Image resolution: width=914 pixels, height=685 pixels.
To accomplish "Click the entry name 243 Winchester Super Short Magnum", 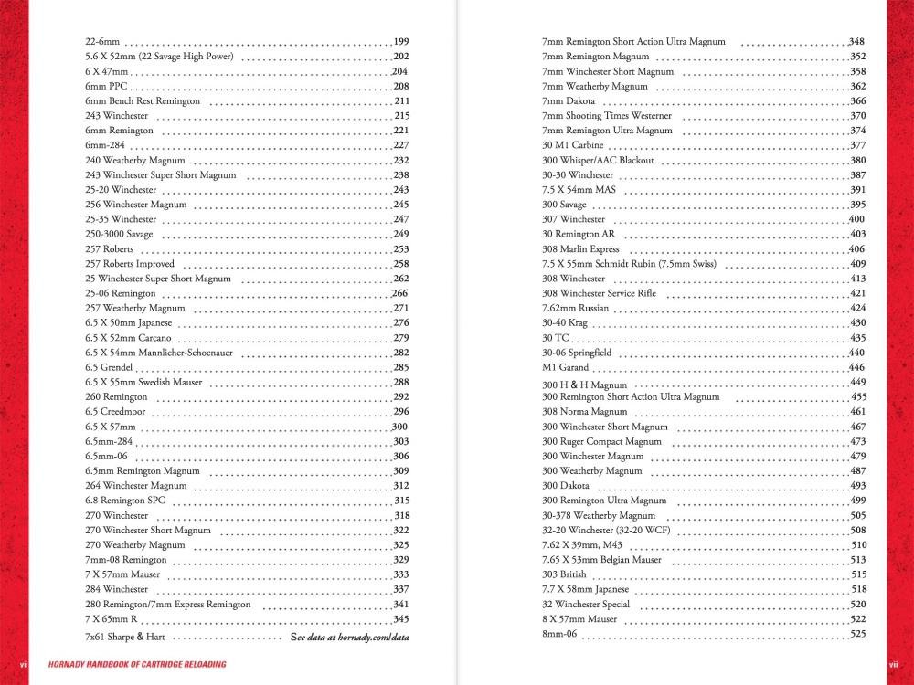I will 160,175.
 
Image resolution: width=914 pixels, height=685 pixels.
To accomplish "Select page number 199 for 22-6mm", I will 401,42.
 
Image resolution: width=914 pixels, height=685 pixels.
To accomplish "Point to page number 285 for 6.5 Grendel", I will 401,367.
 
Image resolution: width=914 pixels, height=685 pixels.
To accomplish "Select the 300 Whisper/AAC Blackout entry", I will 598,161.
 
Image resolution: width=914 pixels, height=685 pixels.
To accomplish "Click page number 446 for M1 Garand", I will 857,367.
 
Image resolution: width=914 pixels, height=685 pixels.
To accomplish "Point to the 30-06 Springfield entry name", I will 575,353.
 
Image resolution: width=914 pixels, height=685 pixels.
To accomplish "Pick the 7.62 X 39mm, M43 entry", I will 582,545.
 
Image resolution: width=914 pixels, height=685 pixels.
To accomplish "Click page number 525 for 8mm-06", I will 857,634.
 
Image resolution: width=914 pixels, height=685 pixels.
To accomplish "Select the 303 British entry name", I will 564,574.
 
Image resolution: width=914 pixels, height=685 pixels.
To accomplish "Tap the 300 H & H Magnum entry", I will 584,385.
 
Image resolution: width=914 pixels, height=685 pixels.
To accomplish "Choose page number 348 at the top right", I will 857,42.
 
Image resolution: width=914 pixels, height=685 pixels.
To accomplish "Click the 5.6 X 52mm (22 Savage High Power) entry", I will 159,57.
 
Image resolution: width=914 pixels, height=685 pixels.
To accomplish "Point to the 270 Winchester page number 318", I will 401,515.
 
